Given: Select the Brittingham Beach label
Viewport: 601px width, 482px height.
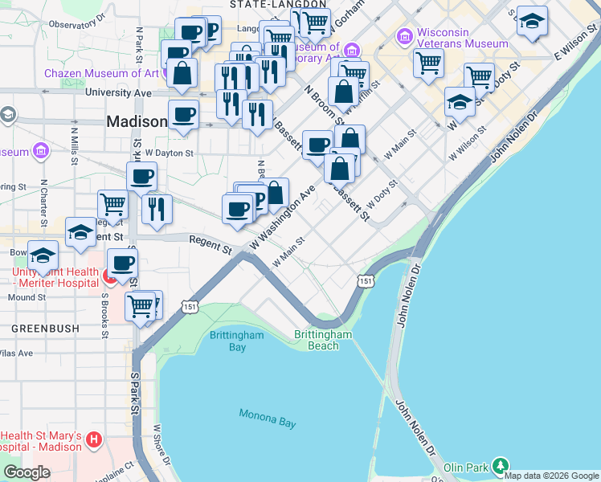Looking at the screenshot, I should tap(323, 340).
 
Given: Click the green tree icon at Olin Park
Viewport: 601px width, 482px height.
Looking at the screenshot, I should tap(501, 466).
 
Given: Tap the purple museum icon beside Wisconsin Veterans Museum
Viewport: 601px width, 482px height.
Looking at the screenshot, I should tap(404, 36).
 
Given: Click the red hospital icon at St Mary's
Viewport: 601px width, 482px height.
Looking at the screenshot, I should tap(95, 439).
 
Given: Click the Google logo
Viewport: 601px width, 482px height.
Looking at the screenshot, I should tap(27, 472).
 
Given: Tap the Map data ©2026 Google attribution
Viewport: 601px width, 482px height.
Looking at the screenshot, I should tap(551, 476).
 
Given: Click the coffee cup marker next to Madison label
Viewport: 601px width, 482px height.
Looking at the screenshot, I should tap(183, 115).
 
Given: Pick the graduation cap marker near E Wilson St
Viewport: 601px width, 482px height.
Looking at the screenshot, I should tap(532, 21).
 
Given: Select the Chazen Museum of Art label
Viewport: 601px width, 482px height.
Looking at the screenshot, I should tap(101, 73).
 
